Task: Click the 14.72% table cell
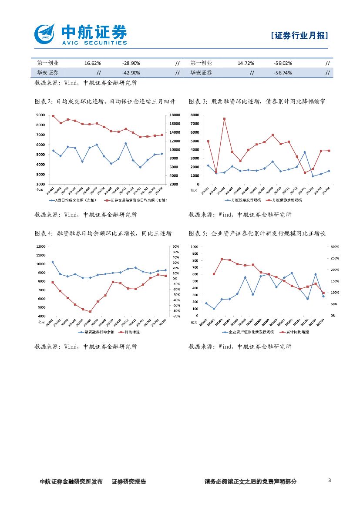(x=246, y=63)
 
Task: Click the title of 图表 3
(x=257, y=101)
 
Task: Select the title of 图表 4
(x=103, y=234)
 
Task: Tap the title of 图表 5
(x=257, y=234)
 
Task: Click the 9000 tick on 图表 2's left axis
(x=41, y=115)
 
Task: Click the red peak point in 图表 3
(x=224, y=118)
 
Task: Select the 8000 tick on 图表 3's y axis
(x=195, y=115)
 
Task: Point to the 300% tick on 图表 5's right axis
(x=335, y=246)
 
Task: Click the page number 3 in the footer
(x=329, y=481)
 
